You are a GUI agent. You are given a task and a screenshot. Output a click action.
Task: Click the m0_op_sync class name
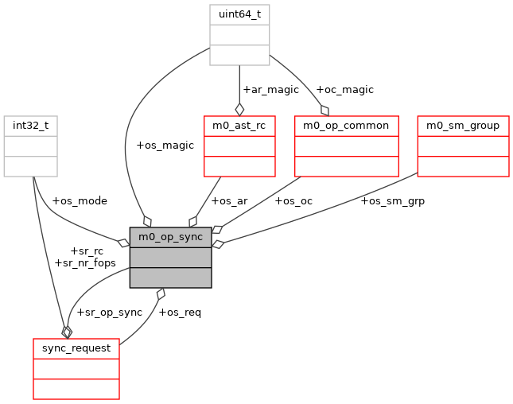click(x=170, y=237)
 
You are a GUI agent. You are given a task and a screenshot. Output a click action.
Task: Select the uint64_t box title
click(x=239, y=14)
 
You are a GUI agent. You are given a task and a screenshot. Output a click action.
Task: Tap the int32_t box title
click(x=31, y=126)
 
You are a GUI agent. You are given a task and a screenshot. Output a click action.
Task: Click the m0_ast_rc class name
click(x=239, y=126)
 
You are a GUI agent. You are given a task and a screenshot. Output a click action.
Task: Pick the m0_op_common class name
click(x=346, y=126)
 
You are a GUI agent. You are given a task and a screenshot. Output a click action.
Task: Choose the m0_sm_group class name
click(x=463, y=126)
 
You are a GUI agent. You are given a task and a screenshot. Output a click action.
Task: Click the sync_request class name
click(x=76, y=348)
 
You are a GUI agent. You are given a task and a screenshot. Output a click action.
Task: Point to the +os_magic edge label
click(x=165, y=146)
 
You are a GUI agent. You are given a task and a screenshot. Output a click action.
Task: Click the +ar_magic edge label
click(x=270, y=89)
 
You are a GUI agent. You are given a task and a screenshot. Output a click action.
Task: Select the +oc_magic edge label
click(x=344, y=89)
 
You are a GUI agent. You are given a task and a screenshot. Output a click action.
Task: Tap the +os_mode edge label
click(x=79, y=200)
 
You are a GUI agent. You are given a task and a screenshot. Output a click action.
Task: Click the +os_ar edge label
click(x=229, y=200)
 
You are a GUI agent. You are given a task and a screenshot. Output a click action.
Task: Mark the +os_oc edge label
click(x=293, y=200)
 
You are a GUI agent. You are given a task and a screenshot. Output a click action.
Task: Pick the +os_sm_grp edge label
click(x=393, y=200)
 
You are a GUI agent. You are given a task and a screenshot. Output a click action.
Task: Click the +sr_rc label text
click(x=87, y=251)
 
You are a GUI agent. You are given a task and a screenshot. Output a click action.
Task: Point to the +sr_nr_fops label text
click(x=85, y=262)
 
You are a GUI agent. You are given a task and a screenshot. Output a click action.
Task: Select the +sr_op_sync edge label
click(x=109, y=312)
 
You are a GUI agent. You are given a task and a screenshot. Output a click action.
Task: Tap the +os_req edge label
click(x=180, y=312)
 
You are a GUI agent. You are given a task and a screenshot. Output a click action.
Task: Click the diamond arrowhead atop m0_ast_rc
click(x=239, y=109)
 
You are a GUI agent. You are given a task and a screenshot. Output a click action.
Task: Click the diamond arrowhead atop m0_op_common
click(x=325, y=110)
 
